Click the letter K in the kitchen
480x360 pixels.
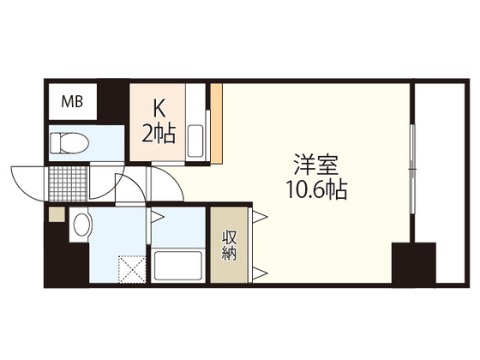pyautogui.click(x=158, y=109)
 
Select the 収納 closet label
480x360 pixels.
pyautogui.click(x=230, y=245)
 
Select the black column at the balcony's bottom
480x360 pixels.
pyautogui.click(x=414, y=267)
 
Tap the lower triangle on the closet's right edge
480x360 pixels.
pyautogui.click(x=257, y=274)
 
